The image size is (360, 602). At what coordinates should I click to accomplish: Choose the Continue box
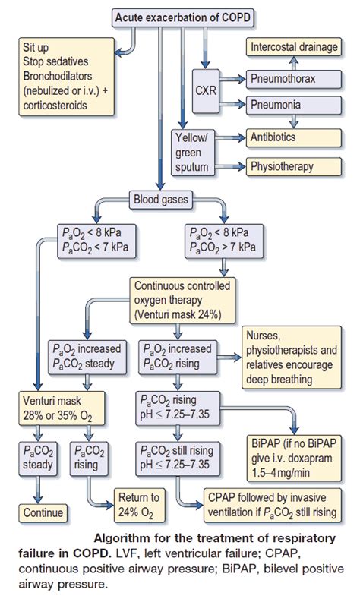coord(43,512)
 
